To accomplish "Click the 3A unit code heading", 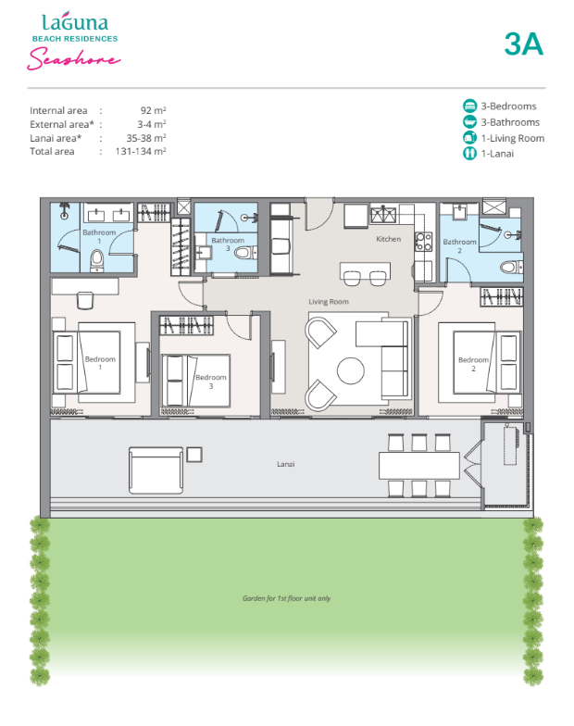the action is pyautogui.click(x=524, y=44).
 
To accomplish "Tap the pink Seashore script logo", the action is pyautogui.click(x=74, y=59).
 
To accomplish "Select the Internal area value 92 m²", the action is pyautogui.click(x=154, y=110).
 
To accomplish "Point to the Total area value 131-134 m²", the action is pyautogui.click(x=141, y=151).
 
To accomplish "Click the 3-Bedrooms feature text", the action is pyautogui.click(x=508, y=106).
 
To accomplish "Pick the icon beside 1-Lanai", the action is pyautogui.click(x=469, y=154).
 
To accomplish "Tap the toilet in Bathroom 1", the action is pyautogui.click(x=96, y=259).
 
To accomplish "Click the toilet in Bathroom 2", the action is pyautogui.click(x=511, y=267).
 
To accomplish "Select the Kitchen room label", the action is pyautogui.click(x=389, y=239).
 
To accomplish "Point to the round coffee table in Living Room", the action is pyautogui.click(x=350, y=370).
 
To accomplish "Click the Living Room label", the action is pyautogui.click(x=329, y=302).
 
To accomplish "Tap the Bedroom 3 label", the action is pyautogui.click(x=211, y=382).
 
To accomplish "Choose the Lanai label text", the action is pyautogui.click(x=285, y=464).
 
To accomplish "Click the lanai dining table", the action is pyautogui.click(x=418, y=465).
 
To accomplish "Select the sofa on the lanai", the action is pyautogui.click(x=156, y=470).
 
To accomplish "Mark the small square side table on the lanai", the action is pyautogui.click(x=194, y=454).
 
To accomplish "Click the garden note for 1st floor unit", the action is pyautogui.click(x=287, y=598).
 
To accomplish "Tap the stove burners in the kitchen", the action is pyautogui.click(x=424, y=241).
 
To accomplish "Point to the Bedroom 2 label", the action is pyautogui.click(x=473, y=364).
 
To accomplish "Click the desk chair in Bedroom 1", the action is pyautogui.click(x=85, y=300).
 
